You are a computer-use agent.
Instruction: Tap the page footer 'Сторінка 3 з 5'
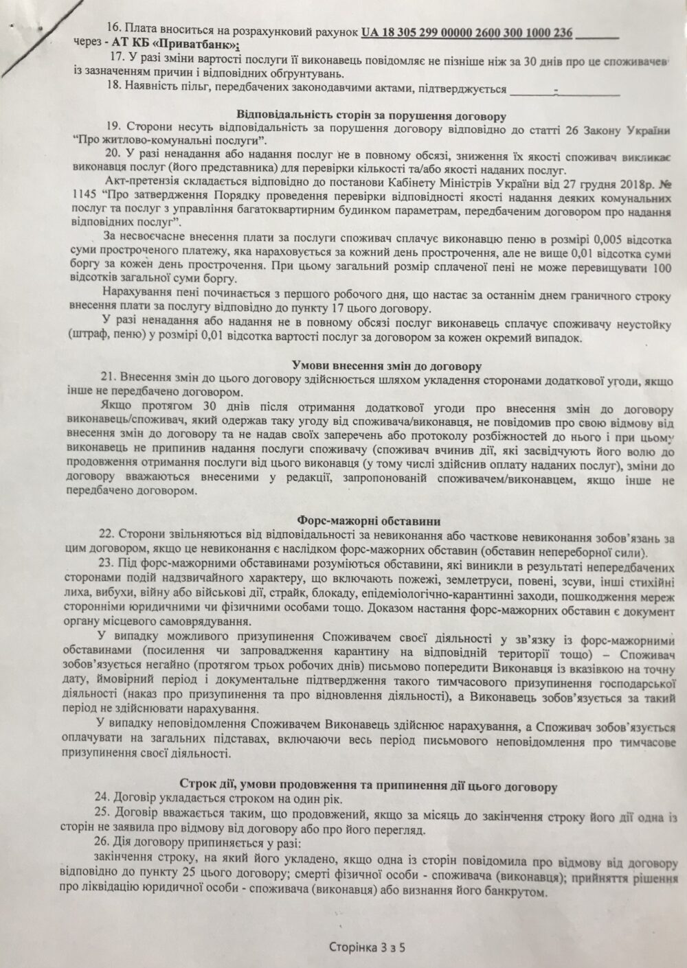tap(367, 948)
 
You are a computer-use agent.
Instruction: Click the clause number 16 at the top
tap(113, 32)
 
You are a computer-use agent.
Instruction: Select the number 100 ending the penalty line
tap(660, 267)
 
